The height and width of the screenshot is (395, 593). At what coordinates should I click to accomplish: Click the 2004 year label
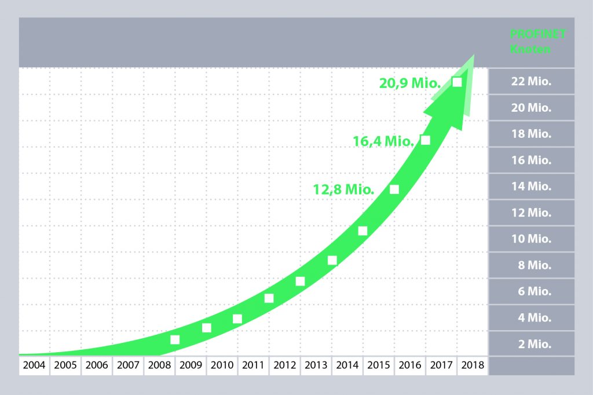34,366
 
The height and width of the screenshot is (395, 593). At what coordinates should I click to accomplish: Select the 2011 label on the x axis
254,366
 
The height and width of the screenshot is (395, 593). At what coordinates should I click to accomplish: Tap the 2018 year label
473,366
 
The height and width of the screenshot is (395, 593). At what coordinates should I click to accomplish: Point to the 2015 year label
379,366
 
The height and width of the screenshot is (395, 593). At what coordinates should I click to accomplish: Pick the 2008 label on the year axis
159,366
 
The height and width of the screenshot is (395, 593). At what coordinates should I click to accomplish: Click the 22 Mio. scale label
531,81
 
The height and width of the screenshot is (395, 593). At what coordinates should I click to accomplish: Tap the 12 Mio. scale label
531,213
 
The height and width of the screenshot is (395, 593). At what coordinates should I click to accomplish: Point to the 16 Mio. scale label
531,160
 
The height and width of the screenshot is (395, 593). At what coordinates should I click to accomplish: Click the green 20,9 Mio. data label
411,83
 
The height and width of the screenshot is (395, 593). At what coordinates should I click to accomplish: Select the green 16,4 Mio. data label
383,141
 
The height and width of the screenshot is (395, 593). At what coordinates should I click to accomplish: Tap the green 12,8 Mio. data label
343,189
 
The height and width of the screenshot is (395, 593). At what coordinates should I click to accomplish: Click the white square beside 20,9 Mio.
457,82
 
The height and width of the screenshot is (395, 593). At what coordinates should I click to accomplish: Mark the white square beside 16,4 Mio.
426,140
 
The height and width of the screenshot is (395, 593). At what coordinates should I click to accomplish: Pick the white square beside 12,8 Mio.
394,189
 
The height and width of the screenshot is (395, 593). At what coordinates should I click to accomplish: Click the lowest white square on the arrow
175,339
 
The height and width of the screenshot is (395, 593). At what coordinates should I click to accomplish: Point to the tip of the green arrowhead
474,56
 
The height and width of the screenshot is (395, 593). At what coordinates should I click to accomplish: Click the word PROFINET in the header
538,34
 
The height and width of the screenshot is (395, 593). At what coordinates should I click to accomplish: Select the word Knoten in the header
530,49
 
